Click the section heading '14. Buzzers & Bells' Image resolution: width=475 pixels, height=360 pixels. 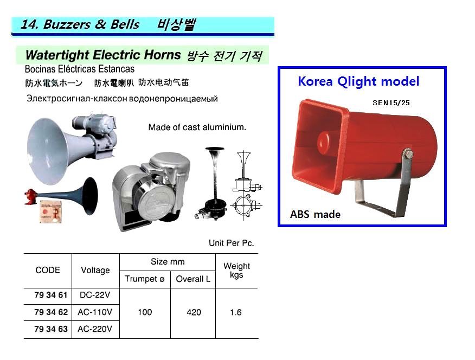80,25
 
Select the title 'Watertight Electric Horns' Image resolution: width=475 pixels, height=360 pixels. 103,55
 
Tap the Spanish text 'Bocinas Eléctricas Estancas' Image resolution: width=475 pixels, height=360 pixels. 80,69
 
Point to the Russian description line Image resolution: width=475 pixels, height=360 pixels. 122,99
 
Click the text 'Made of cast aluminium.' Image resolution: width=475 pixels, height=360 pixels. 197,127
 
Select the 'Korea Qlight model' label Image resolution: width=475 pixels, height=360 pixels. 358,81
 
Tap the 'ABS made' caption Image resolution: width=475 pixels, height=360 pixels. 315,214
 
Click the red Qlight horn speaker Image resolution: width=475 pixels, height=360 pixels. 363,146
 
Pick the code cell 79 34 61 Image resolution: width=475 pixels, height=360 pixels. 51,295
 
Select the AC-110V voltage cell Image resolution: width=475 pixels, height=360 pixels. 95,312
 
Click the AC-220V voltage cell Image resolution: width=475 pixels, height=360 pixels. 95,329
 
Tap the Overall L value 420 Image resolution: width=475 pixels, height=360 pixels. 193,312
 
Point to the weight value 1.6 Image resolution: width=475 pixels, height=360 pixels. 236,312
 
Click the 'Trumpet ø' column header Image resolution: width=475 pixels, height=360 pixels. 144,279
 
